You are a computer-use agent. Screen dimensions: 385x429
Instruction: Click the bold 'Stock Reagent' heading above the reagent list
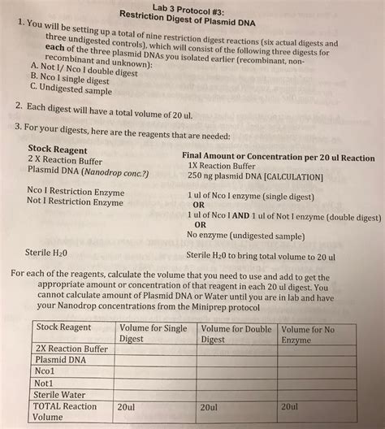(58, 149)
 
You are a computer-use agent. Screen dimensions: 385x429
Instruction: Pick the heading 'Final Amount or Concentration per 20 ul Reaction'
(279, 158)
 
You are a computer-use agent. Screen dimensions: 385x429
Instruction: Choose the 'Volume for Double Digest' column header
(236, 333)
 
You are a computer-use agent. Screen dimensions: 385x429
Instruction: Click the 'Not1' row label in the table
(45, 379)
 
